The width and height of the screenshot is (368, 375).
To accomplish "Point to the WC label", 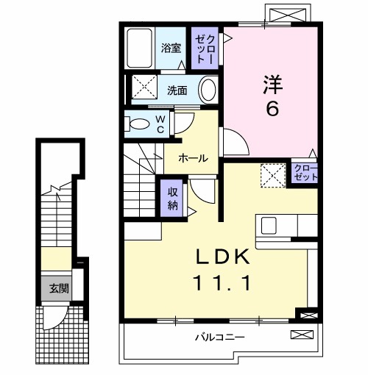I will click(x=160, y=124).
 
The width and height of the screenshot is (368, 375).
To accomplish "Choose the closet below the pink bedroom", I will click(x=302, y=174).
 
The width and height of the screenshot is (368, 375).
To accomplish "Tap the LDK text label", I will click(x=223, y=258).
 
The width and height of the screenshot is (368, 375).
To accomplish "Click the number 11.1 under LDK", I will click(x=223, y=281).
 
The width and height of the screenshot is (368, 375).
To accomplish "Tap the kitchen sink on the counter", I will click(x=266, y=224).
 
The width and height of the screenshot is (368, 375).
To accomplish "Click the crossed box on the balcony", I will click(x=302, y=335).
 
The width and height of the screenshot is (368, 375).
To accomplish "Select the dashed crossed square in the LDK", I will click(x=274, y=174).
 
